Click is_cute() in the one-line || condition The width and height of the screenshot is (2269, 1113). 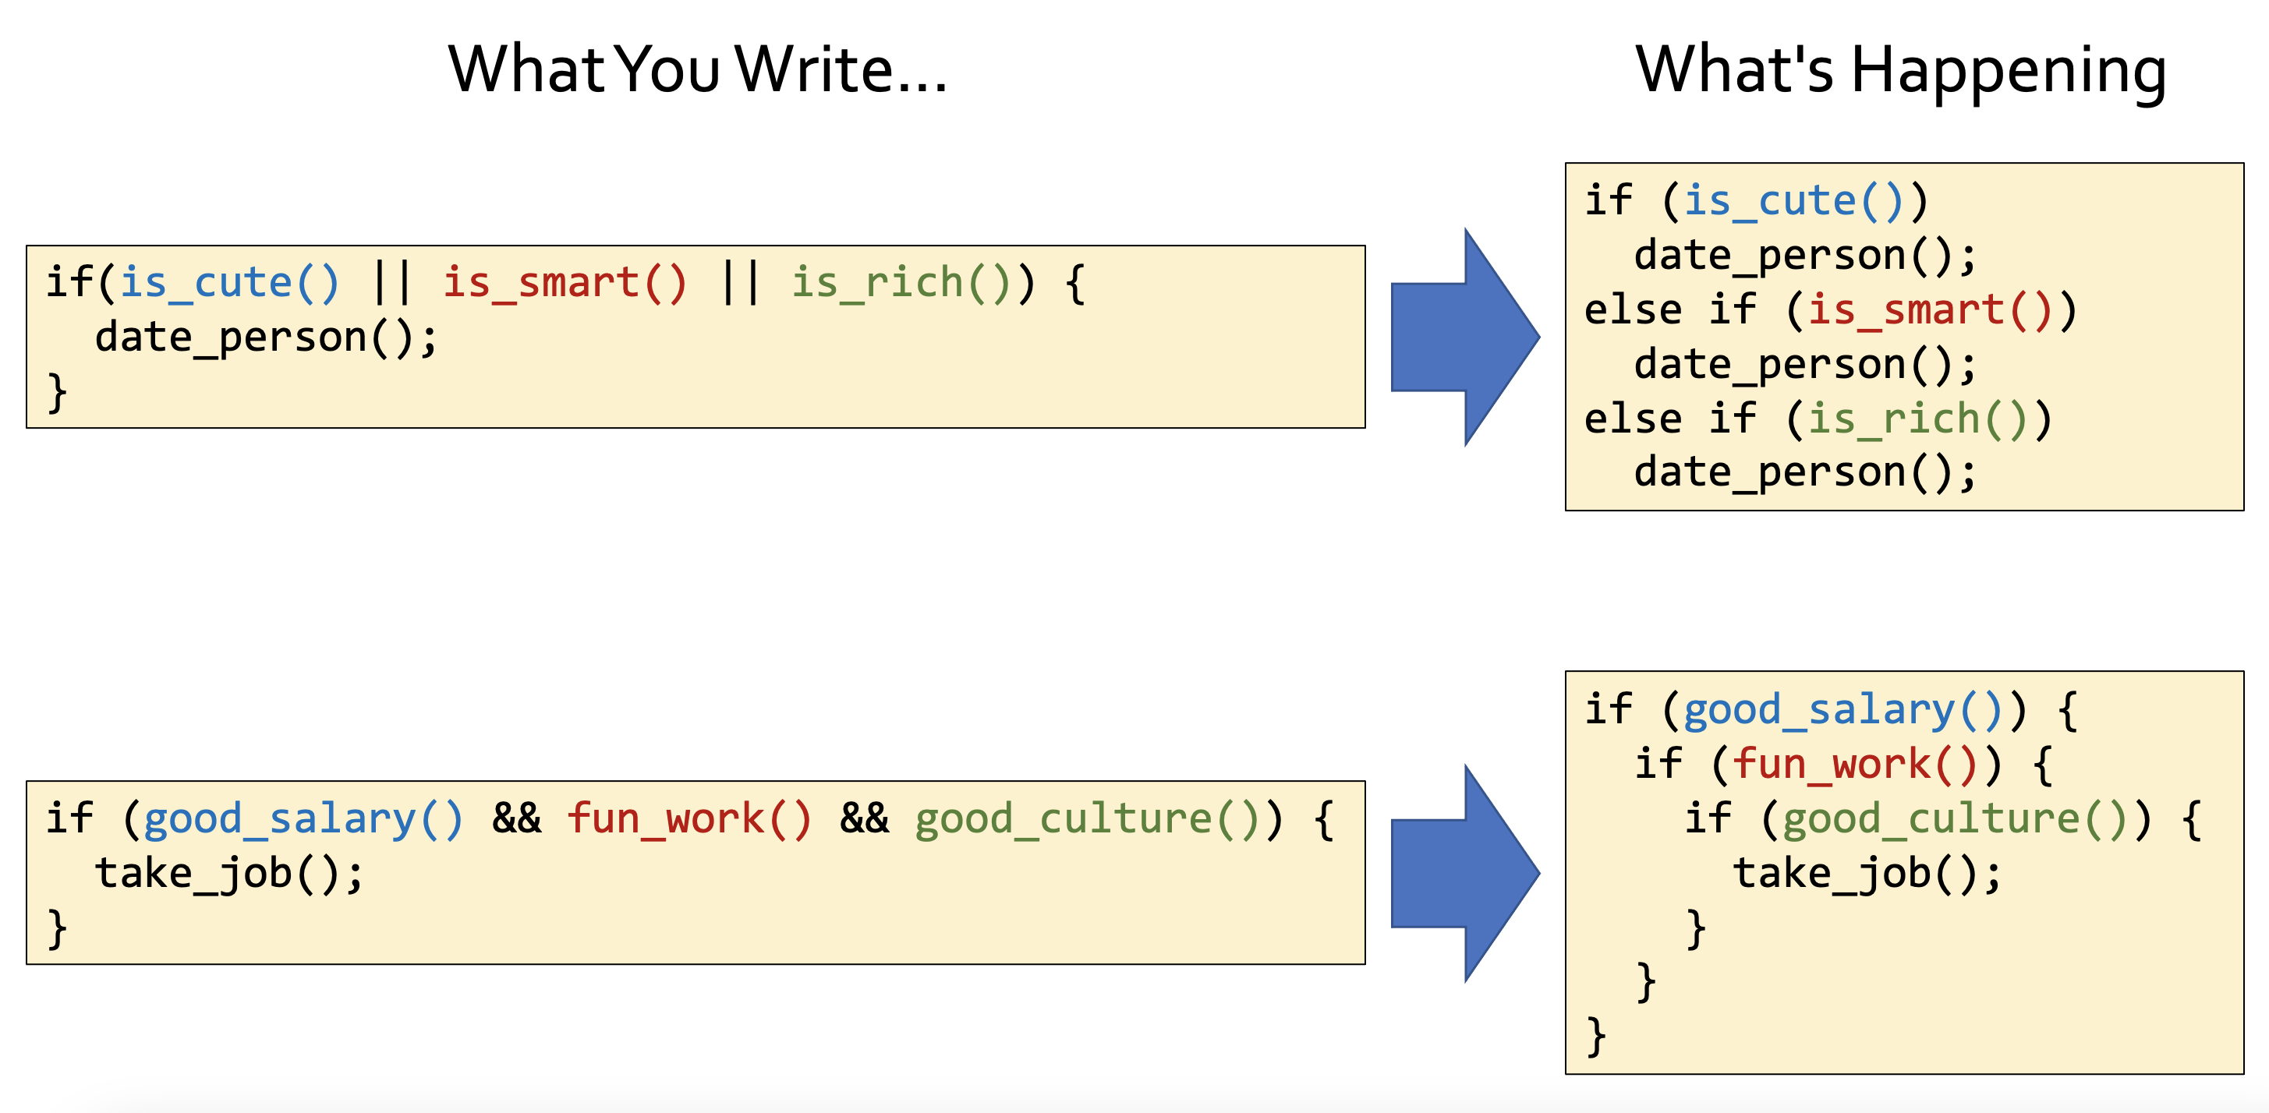click(x=229, y=283)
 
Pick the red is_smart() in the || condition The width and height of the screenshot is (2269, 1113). click(x=564, y=283)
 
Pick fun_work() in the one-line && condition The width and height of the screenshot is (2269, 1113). click(x=688, y=819)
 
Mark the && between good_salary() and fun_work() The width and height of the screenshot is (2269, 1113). click(x=516, y=819)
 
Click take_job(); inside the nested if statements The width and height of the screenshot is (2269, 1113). click(x=1867, y=874)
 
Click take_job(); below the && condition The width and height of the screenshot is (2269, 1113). click(x=229, y=874)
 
